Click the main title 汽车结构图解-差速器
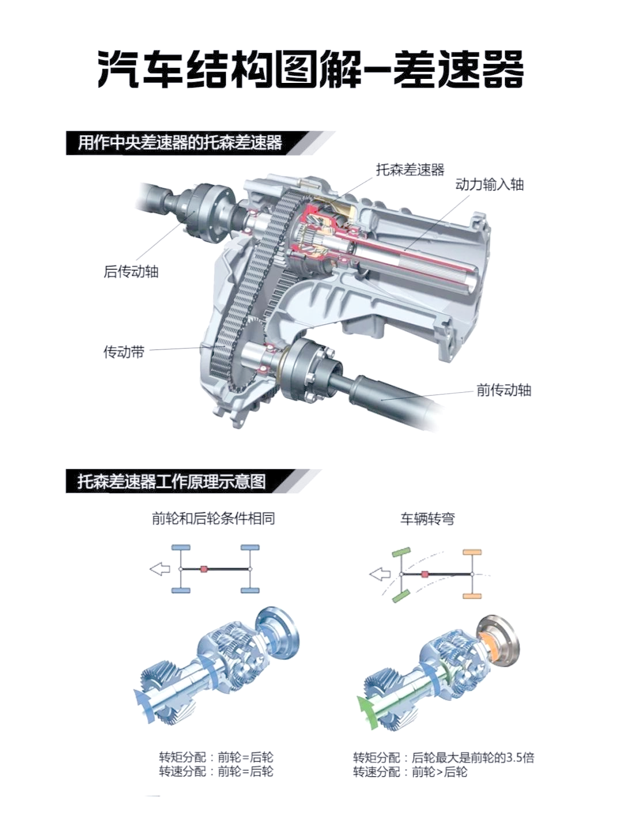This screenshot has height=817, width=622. [311, 70]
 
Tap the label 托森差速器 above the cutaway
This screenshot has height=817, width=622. [410, 170]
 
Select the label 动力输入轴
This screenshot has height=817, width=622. [490, 185]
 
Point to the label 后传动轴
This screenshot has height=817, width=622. [131, 271]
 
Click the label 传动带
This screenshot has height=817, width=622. [124, 352]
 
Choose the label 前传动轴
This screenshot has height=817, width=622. [504, 390]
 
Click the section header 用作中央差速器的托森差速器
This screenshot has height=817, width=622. [180, 143]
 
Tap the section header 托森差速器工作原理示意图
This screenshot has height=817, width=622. [172, 481]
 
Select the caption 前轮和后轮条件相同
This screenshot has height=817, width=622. [213, 519]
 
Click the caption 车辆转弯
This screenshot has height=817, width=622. [427, 519]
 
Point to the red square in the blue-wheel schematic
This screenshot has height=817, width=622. [204, 569]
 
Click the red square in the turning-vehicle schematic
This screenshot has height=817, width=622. [424, 575]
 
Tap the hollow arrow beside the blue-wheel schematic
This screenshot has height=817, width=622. [160, 569]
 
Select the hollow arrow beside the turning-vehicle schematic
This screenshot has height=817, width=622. [380, 575]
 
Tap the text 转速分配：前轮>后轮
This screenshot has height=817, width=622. [410, 771]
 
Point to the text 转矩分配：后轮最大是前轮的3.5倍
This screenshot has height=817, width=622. [443, 757]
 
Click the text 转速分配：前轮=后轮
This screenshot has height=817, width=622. [216, 771]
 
